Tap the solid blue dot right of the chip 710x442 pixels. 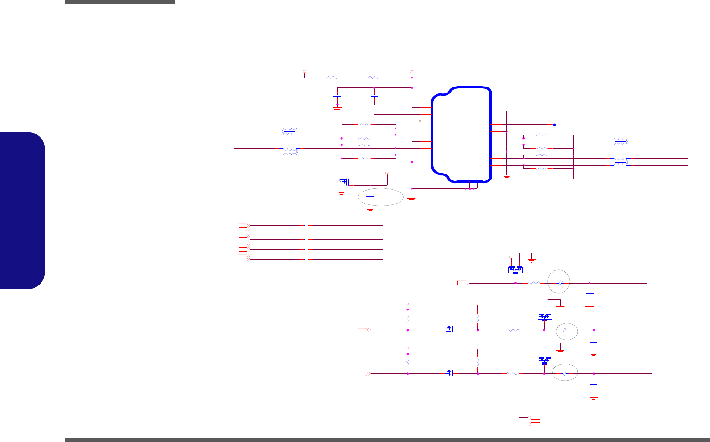pos(554,125)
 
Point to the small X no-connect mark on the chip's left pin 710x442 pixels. pos(419,121)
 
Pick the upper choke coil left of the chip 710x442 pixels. pos(289,132)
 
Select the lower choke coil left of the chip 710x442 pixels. pos(289,151)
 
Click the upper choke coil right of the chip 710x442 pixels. pos(621,141)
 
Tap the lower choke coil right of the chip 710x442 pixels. pos(621,162)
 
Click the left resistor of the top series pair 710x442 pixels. pos(331,78)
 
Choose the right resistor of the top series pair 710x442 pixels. pos(372,78)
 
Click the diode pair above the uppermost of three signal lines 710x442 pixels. pos(515,269)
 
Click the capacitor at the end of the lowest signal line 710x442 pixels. pos(594,385)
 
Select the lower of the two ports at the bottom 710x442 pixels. pos(534,423)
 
